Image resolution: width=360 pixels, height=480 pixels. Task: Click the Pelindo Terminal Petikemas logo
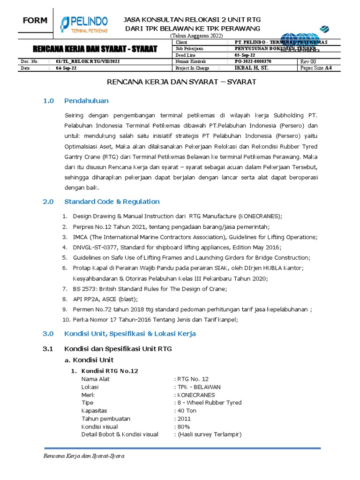(x=84, y=24)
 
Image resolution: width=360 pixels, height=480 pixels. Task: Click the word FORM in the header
(x=36, y=21)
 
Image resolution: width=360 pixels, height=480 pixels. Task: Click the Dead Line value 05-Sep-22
(x=245, y=55)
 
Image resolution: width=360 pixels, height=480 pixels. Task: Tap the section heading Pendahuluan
(x=86, y=101)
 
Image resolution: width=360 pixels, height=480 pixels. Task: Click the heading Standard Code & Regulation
(x=112, y=202)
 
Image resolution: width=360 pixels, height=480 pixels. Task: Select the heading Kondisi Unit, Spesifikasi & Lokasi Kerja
(x=130, y=334)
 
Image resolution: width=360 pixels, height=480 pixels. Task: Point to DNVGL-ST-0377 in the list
(x=95, y=247)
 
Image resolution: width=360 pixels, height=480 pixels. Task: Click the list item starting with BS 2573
(x=150, y=289)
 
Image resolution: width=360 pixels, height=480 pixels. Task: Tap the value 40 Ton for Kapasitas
(x=186, y=411)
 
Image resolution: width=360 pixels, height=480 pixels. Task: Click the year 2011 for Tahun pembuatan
(x=184, y=419)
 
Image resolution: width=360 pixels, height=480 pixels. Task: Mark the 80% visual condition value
(x=183, y=427)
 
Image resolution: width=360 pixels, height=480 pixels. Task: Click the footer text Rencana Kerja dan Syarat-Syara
(x=83, y=456)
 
